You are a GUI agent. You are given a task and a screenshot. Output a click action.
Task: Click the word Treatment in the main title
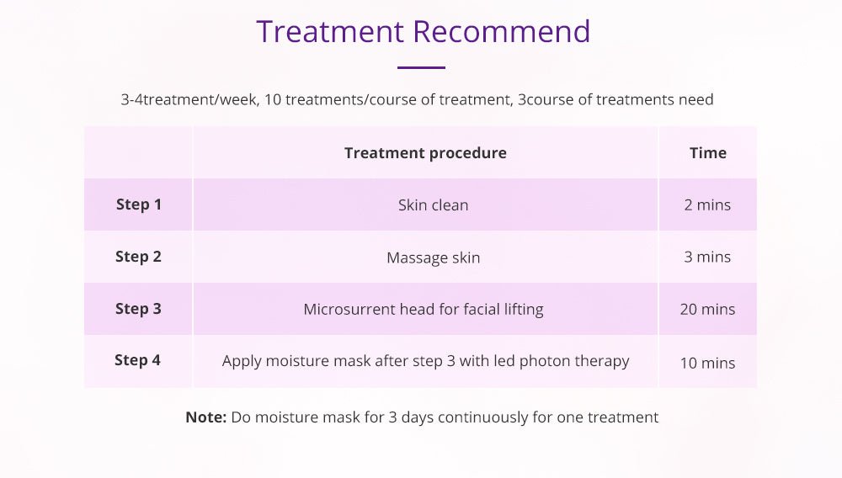pyautogui.click(x=331, y=31)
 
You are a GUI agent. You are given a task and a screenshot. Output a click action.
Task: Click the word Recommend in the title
pyautogui.click(x=501, y=31)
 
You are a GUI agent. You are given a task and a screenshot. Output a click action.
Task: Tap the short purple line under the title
pyautogui.click(x=420, y=67)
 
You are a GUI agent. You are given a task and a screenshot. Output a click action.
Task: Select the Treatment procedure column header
pyautogui.click(x=425, y=153)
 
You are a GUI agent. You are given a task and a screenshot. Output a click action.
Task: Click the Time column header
pyautogui.click(x=707, y=153)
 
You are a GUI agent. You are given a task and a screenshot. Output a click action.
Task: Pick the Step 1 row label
pyautogui.click(x=138, y=204)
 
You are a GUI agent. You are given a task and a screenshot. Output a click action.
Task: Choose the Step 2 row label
pyautogui.click(x=138, y=257)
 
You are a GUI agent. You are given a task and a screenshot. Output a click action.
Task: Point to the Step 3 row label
pyautogui.click(x=138, y=309)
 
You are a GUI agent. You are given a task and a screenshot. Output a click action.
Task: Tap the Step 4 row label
pyautogui.click(x=137, y=360)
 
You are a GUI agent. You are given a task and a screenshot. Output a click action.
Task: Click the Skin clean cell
pyautogui.click(x=433, y=205)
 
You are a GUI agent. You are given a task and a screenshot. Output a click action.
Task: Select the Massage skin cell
pyautogui.click(x=433, y=258)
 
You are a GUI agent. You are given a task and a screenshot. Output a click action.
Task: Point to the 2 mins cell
pyautogui.click(x=707, y=205)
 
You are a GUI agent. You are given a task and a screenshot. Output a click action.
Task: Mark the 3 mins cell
pyautogui.click(x=707, y=258)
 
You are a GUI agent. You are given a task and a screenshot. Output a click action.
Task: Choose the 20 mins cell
pyautogui.click(x=707, y=310)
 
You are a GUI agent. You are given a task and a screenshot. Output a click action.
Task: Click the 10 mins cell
pyautogui.click(x=707, y=363)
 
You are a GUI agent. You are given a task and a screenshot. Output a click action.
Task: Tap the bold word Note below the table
pyautogui.click(x=205, y=417)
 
